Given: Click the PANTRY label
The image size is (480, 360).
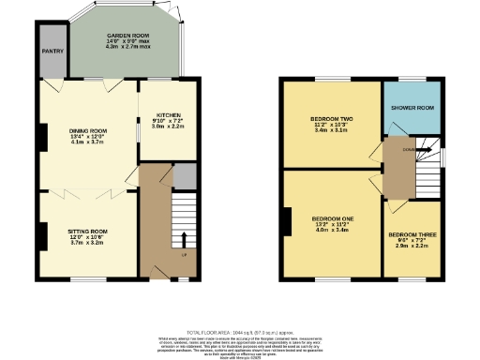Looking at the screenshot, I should coord(52,52).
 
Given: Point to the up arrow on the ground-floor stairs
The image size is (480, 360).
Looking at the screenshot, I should coord(184,238).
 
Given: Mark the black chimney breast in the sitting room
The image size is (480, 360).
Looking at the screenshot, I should coord(41,235).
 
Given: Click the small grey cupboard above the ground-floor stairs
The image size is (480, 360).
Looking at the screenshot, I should coord(185,174).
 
